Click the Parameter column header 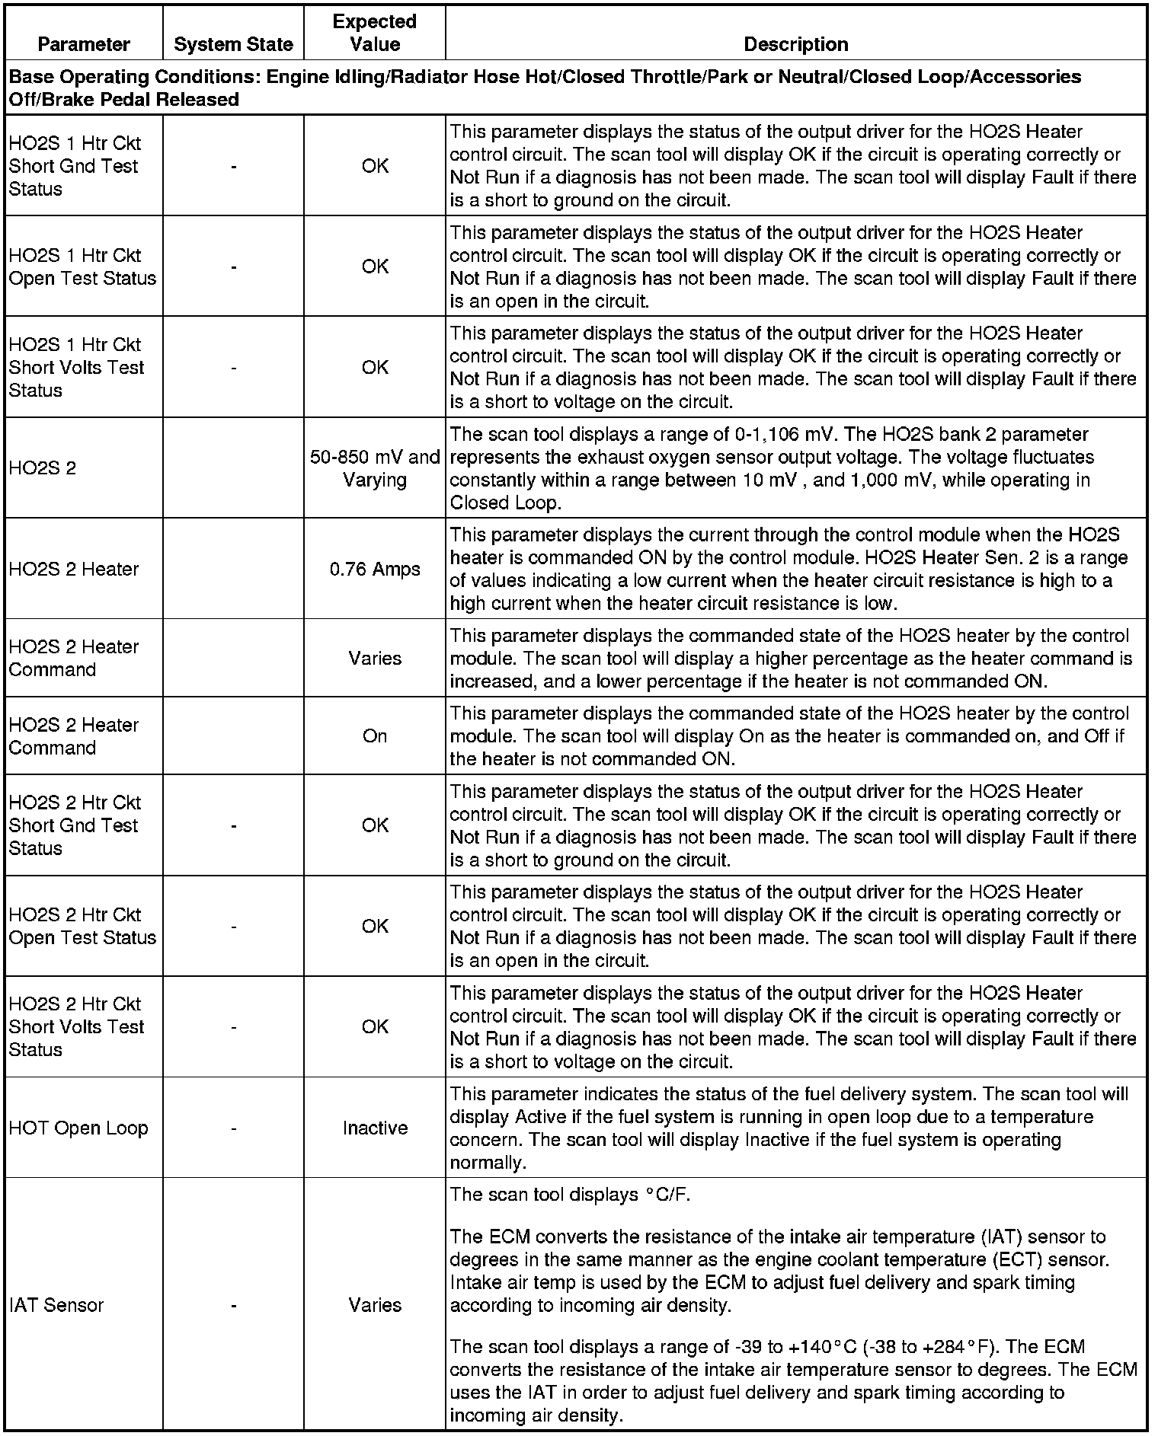point(84,45)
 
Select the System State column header point(233,45)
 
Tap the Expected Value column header point(375,33)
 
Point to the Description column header point(795,45)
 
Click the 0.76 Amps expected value point(375,569)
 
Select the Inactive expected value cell point(375,1128)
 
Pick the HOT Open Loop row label point(78,1128)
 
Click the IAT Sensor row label point(56,1305)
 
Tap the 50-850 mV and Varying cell point(375,468)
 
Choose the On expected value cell point(375,736)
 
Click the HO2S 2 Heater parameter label point(74,569)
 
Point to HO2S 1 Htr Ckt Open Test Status point(82,266)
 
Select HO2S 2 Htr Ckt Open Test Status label point(82,926)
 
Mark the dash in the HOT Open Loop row point(233,1128)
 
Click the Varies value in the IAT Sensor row point(375,1305)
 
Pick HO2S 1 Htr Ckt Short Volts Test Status point(76,367)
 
